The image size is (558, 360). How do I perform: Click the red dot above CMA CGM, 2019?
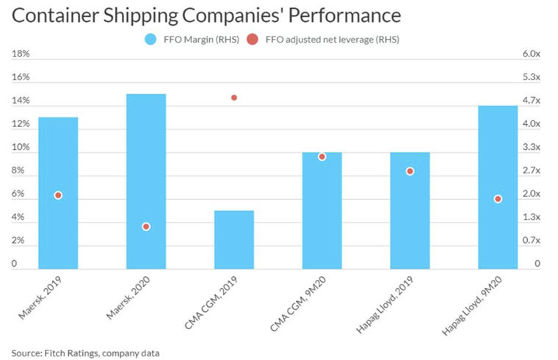(x=234, y=98)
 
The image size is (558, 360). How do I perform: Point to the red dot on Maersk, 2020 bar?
(x=146, y=226)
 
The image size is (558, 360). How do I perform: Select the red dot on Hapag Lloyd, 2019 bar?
(x=410, y=171)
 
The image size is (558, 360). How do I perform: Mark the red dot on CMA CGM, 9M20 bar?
(x=322, y=156)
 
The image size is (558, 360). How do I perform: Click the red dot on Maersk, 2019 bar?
(x=58, y=195)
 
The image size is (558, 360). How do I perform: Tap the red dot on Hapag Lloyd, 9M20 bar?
(x=498, y=199)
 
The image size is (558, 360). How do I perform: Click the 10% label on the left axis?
(x=20, y=148)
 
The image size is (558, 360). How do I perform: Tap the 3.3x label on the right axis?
(x=530, y=148)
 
